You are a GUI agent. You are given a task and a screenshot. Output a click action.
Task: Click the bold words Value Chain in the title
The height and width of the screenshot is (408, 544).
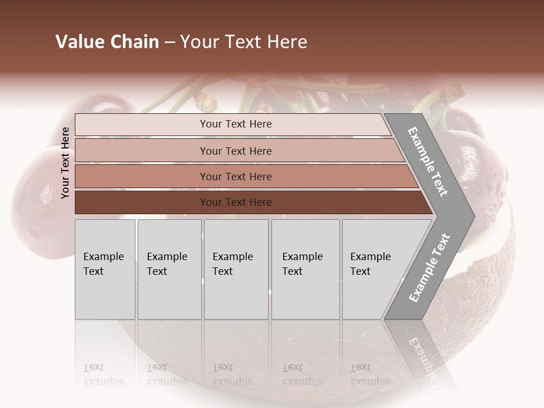coord(107,42)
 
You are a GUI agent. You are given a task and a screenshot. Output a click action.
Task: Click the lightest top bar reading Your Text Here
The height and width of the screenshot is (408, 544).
coord(235,124)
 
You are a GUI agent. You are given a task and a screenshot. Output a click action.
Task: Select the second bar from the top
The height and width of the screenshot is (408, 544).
coord(235,151)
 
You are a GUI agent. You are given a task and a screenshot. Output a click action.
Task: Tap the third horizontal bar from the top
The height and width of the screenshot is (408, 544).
coord(235,177)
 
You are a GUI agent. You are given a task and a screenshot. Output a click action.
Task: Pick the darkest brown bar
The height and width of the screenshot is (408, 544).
coord(235,202)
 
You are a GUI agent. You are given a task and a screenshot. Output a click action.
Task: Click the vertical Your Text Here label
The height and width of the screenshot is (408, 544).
coord(66,163)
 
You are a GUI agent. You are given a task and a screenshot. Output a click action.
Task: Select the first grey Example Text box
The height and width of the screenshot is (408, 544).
coord(105,269)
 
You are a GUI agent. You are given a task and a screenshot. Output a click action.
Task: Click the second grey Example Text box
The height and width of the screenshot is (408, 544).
coord(169,269)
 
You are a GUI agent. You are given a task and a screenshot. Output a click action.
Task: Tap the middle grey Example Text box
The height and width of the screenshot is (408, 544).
coord(236,269)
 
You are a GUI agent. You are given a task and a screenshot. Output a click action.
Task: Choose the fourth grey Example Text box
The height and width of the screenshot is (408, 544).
coord(305,269)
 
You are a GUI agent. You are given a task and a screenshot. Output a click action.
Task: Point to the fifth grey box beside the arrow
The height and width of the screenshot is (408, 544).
coord(374,269)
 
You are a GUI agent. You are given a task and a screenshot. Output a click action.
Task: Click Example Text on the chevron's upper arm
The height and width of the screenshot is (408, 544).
coord(428,161)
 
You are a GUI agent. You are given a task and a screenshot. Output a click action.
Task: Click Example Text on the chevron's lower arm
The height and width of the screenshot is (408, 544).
coord(429,268)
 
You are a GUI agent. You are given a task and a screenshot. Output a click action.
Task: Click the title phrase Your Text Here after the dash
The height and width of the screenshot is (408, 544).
coord(244,42)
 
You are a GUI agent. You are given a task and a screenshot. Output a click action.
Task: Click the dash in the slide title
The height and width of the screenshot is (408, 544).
coord(169,42)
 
